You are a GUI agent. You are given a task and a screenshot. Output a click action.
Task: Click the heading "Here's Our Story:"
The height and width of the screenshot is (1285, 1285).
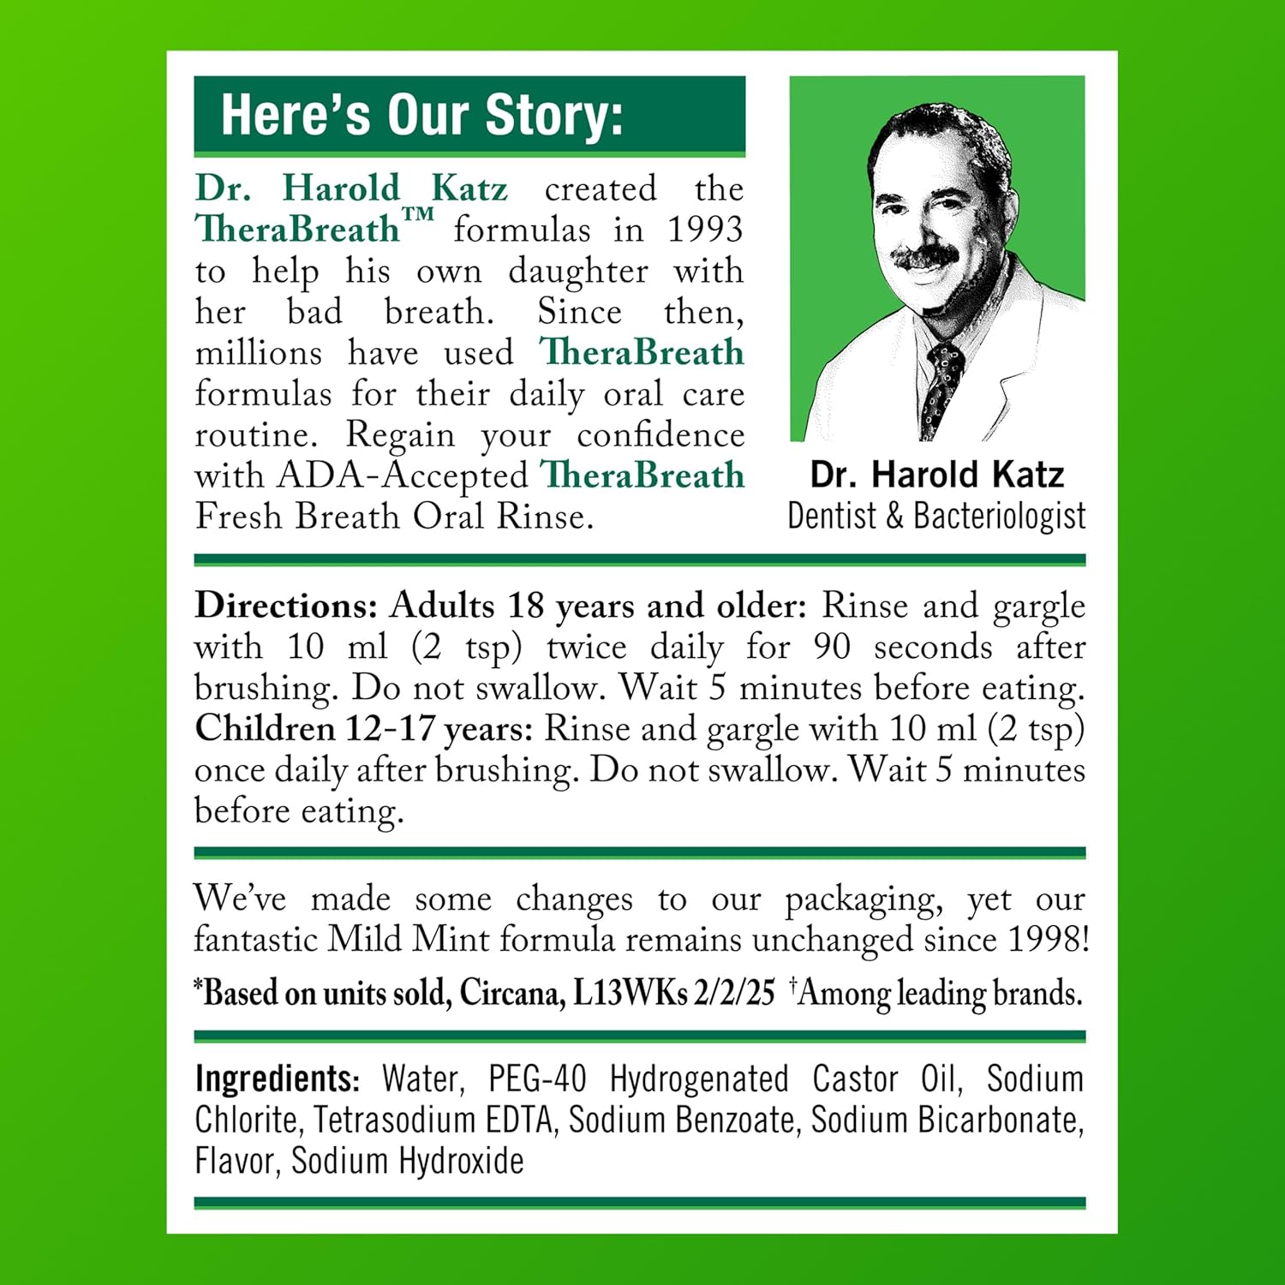[x=421, y=115]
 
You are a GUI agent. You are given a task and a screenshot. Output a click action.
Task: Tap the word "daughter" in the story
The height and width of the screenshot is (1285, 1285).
[x=577, y=272]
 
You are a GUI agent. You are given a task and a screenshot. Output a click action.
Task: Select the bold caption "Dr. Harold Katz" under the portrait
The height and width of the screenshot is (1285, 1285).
[x=936, y=475]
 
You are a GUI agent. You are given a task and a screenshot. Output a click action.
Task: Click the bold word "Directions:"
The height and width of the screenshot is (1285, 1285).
[x=286, y=606]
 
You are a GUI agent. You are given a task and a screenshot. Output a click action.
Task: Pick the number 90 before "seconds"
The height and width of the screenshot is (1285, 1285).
[x=831, y=647]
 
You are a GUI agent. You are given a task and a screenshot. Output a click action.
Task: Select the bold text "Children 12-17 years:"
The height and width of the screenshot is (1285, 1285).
[x=364, y=729]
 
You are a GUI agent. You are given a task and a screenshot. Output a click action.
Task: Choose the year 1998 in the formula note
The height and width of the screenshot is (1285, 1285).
[x=1047, y=940]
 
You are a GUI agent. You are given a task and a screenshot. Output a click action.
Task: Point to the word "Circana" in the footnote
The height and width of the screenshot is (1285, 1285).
[x=511, y=993]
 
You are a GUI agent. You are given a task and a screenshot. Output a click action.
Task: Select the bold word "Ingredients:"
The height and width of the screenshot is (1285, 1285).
[x=277, y=1079]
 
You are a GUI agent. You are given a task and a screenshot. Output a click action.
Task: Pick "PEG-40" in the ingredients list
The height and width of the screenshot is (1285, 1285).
[x=537, y=1079]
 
